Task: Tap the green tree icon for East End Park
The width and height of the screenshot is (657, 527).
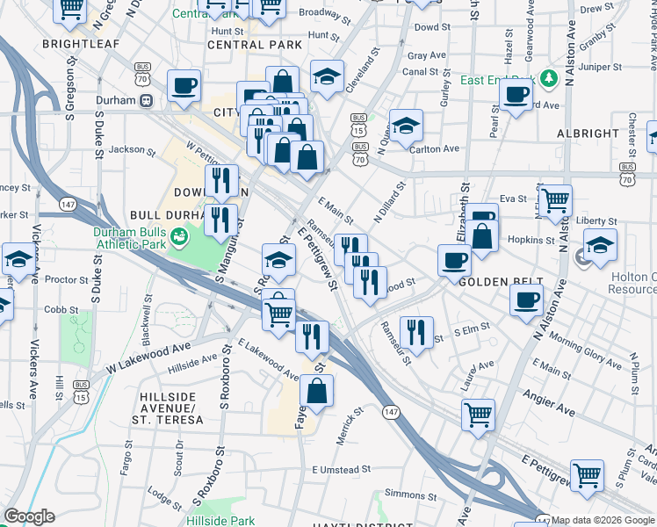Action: point(551,79)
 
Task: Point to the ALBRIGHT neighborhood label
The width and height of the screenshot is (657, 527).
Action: point(588,134)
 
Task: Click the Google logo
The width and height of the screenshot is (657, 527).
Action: point(29,516)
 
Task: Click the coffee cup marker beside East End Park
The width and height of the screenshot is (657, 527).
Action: point(516,94)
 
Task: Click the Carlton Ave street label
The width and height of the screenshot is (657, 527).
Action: point(435,149)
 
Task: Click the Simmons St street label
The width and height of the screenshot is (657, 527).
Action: point(404,495)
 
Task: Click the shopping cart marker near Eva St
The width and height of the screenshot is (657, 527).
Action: point(556,200)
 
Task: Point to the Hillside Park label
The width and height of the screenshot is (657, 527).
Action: point(220,521)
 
